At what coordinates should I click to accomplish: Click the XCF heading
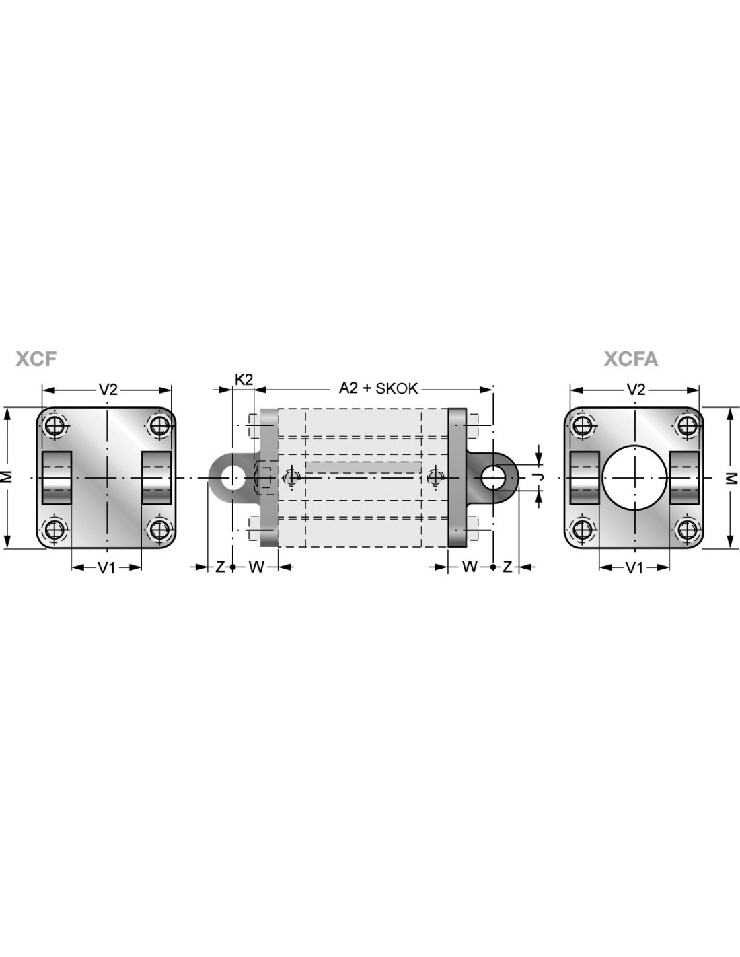[36, 359]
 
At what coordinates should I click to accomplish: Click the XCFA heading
[631, 359]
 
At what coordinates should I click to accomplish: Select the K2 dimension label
[244, 379]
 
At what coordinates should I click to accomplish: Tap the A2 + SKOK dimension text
[378, 388]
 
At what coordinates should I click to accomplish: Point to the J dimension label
[540, 476]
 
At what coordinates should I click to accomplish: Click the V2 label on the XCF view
[108, 389]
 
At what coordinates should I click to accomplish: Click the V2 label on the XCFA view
[636, 389]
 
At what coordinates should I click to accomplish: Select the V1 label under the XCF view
[106, 568]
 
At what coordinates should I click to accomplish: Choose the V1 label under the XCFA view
[634, 568]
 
